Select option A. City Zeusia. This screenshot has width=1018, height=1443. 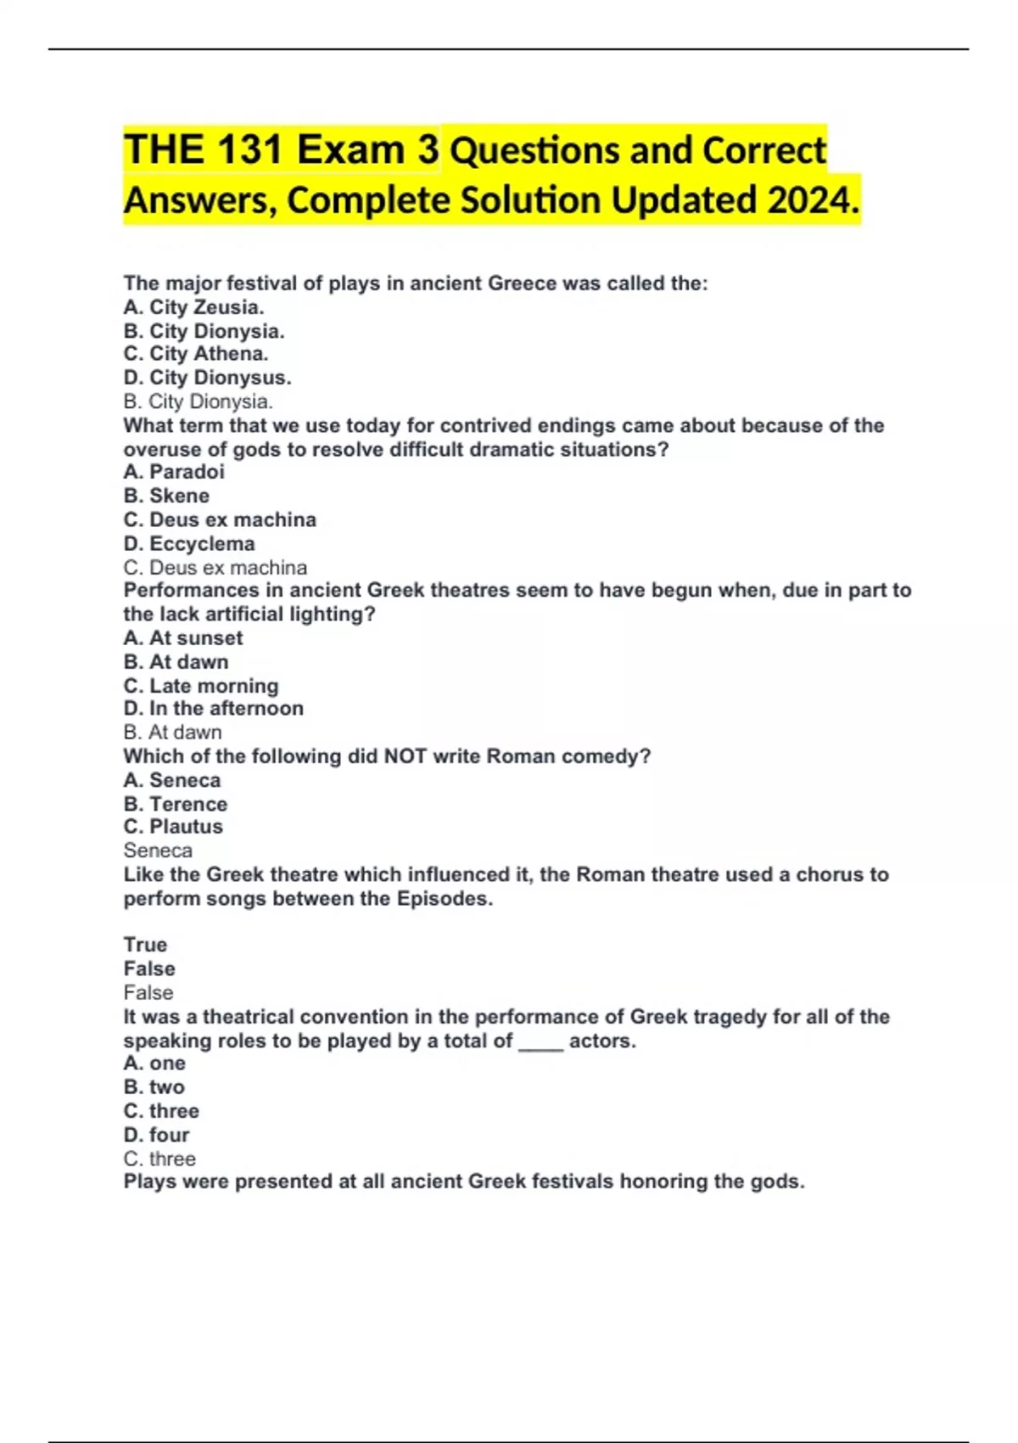click(193, 307)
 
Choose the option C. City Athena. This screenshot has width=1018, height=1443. click(195, 354)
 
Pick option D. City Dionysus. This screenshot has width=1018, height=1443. click(207, 378)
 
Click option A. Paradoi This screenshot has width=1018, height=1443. click(174, 472)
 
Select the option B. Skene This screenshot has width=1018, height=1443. click(166, 496)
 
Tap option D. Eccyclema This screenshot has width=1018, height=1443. click(188, 544)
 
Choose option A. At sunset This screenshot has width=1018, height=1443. click(183, 638)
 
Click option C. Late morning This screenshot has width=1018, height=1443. click(200, 686)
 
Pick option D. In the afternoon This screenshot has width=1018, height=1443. click(213, 709)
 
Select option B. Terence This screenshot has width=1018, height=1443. click(175, 804)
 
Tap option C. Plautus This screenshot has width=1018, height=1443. click(173, 827)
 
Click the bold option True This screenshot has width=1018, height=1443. click(145, 945)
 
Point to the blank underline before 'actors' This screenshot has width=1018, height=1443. click(540, 1043)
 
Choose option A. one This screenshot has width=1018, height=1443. click(154, 1064)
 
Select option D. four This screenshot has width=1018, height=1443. click(156, 1135)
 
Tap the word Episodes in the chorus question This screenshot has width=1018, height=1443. click(444, 899)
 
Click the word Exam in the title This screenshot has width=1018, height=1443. click(350, 150)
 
